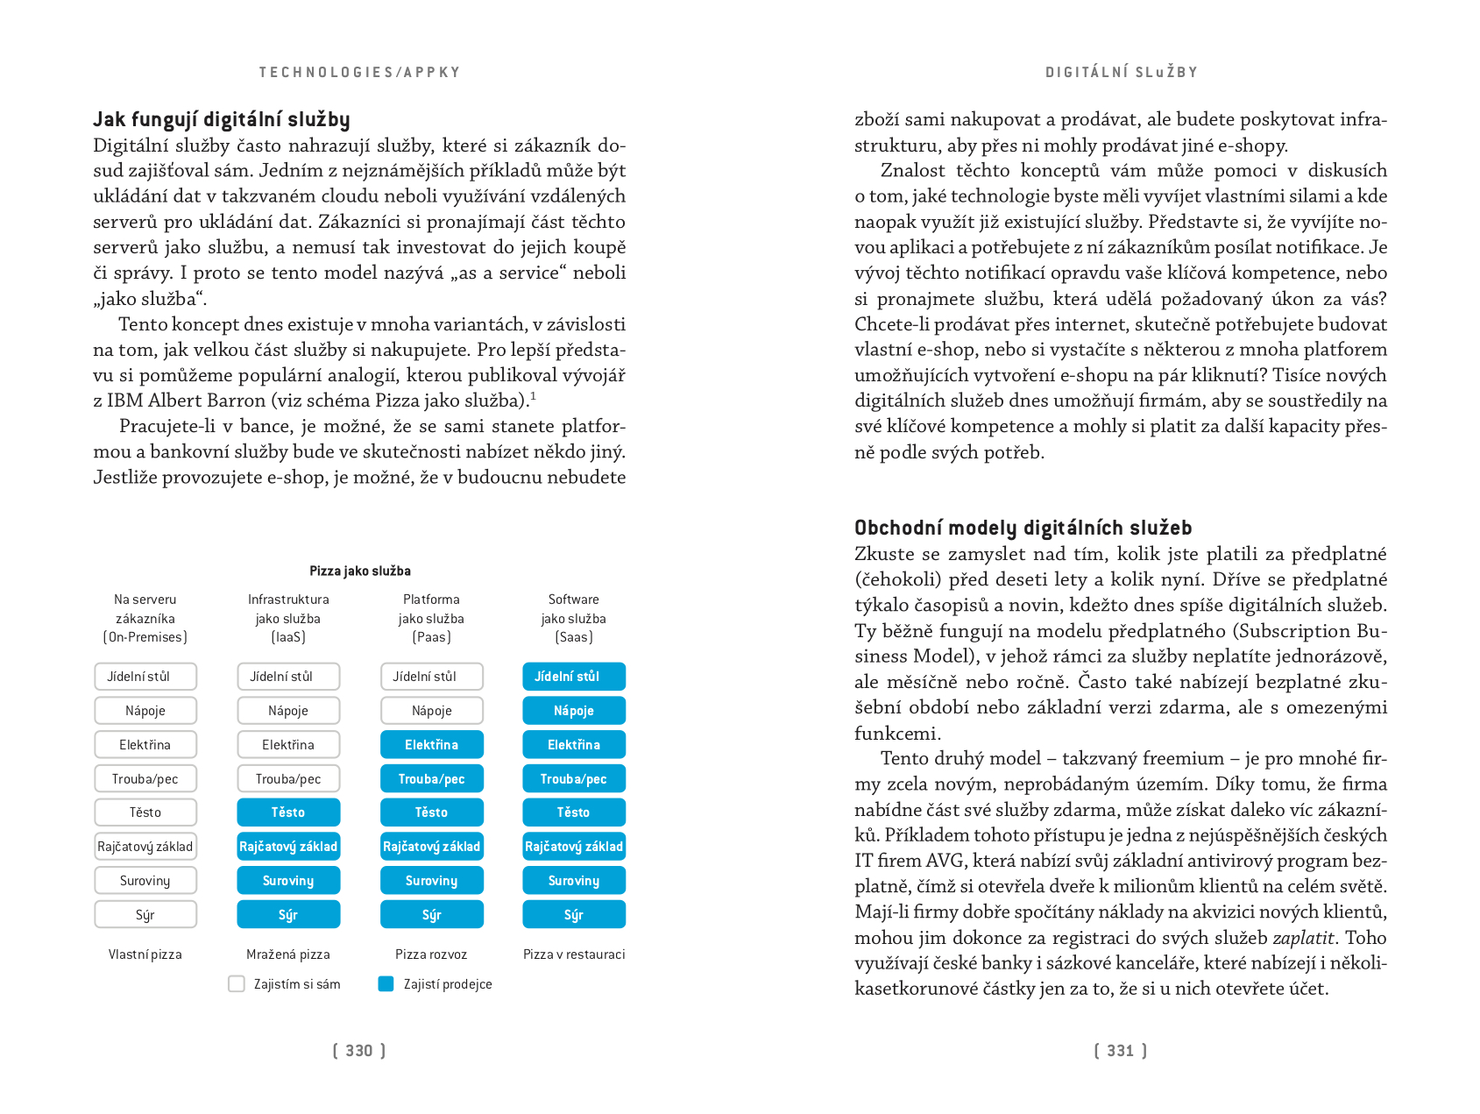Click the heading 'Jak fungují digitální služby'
point(222,120)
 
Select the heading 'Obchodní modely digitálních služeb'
point(1023,528)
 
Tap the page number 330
point(359,1051)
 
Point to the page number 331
point(1120,1051)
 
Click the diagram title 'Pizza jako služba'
point(359,571)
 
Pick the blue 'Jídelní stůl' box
point(574,677)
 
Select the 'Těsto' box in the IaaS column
point(288,812)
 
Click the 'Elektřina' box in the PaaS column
point(431,745)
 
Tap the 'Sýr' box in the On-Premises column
point(145,915)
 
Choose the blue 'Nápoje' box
point(574,711)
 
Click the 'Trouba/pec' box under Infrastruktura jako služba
point(288,779)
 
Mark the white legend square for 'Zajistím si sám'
point(237,984)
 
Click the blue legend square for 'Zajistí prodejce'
point(386,984)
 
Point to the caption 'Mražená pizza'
point(288,954)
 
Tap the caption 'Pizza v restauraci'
point(574,954)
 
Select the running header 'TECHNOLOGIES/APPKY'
point(359,73)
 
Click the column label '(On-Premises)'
point(145,637)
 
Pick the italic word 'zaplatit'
point(1303,938)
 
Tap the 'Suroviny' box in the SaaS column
point(574,881)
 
